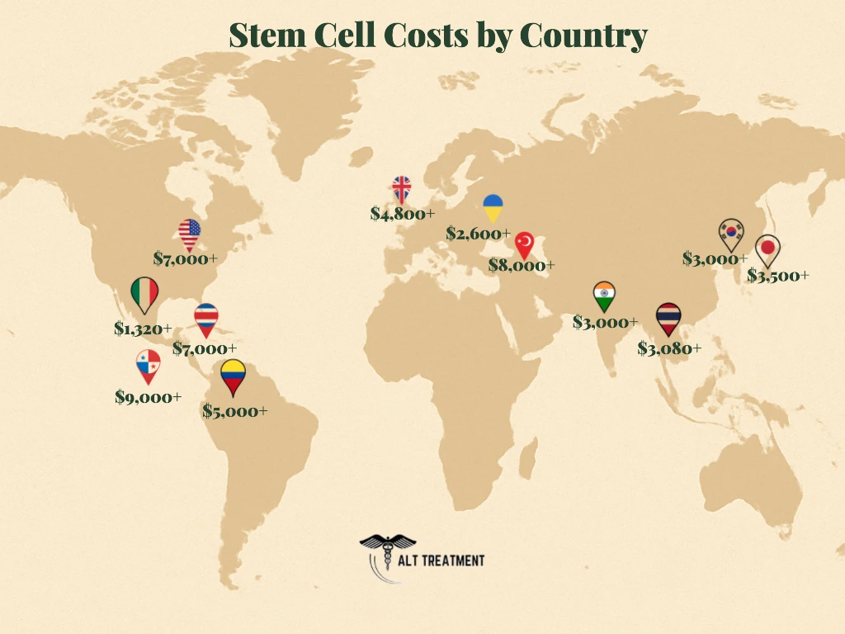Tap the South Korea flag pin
(x=729, y=234)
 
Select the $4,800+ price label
(x=402, y=214)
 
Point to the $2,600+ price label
(x=479, y=234)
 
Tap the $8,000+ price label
(x=522, y=265)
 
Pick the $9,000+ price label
(x=149, y=397)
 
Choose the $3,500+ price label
(x=778, y=276)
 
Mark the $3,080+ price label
(x=669, y=348)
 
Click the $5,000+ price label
(x=235, y=410)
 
